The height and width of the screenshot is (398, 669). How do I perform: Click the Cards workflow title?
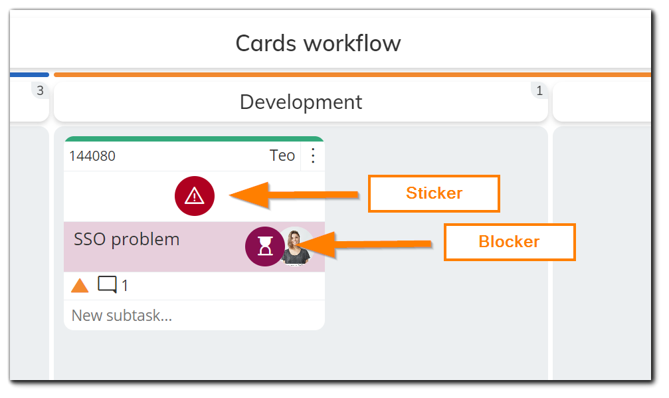pyautogui.click(x=318, y=44)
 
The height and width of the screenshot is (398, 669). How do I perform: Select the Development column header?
pyautogui.click(x=300, y=102)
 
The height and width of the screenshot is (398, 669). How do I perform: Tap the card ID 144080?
pyautogui.click(x=92, y=156)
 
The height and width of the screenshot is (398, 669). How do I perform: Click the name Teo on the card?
pyautogui.click(x=282, y=156)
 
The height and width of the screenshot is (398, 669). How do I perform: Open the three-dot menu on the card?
pyautogui.click(x=314, y=156)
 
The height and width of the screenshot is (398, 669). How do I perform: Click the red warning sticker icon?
pyautogui.click(x=194, y=195)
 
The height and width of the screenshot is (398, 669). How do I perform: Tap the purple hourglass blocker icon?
pyautogui.click(x=264, y=247)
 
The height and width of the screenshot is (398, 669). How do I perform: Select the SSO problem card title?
pyautogui.click(x=127, y=239)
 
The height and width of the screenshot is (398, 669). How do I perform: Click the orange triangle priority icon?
pyautogui.click(x=80, y=286)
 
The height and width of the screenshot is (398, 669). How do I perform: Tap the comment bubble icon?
pyautogui.click(x=107, y=285)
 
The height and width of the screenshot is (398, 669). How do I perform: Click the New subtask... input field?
pyautogui.click(x=193, y=316)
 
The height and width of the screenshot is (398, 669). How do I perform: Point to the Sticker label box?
pyautogui.click(x=434, y=193)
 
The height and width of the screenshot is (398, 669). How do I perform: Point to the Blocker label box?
pyautogui.click(x=509, y=242)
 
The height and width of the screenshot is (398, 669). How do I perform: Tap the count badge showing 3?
pyautogui.click(x=40, y=91)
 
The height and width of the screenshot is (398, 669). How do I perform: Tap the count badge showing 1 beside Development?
pyautogui.click(x=539, y=91)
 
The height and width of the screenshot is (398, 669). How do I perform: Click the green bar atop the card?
pyautogui.click(x=194, y=139)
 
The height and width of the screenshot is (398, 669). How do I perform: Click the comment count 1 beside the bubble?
pyautogui.click(x=125, y=286)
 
